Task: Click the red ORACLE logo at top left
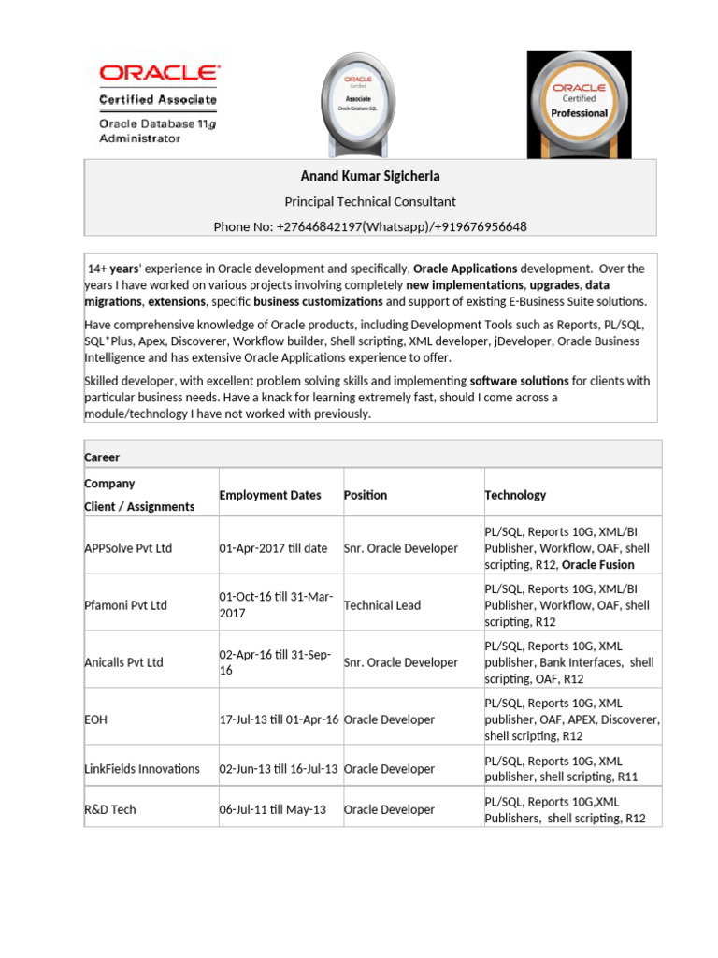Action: coord(159,72)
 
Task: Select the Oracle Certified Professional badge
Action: coord(579,102)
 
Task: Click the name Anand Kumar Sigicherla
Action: coord(370,177)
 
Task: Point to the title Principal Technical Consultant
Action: coord(370,201)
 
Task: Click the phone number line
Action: coord(370,226)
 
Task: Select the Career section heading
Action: coord(102,457)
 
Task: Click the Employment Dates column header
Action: coord(270,495)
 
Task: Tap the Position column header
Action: coord(366,495)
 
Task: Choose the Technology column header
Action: coord(515,495)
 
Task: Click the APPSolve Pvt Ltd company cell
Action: coord(128,548)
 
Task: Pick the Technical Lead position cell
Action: coord(382,605)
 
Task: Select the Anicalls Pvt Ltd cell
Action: coord(123,662)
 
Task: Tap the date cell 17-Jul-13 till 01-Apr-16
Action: coord(279,719)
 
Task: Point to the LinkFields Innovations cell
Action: coord(142,769)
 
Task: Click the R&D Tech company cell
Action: coord(110,809)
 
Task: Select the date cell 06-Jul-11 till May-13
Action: coord(273,809)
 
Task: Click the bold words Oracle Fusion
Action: coord(597,565)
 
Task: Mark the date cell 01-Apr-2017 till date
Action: coord(273,548)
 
